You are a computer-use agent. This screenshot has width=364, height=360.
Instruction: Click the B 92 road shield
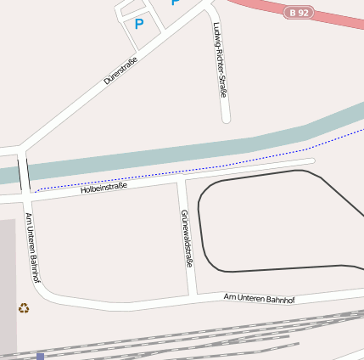[299, 13]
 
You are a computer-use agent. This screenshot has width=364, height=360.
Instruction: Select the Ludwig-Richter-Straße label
[221, 59]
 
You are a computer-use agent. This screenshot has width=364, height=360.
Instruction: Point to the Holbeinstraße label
[104, 188]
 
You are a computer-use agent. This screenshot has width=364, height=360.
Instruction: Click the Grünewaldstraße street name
[186, 238]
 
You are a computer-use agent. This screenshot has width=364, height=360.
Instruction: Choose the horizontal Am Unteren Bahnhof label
[259, 298]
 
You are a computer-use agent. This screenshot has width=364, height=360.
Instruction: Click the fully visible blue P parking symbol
[139, 24]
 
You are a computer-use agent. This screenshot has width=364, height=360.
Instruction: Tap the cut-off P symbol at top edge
[175, 3]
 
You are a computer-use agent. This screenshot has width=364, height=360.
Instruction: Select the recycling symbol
[24, 307]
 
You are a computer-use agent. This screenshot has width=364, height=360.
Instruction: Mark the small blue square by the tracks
[40, 357]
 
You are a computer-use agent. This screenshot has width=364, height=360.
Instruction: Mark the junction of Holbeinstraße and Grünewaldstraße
[181, 180]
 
